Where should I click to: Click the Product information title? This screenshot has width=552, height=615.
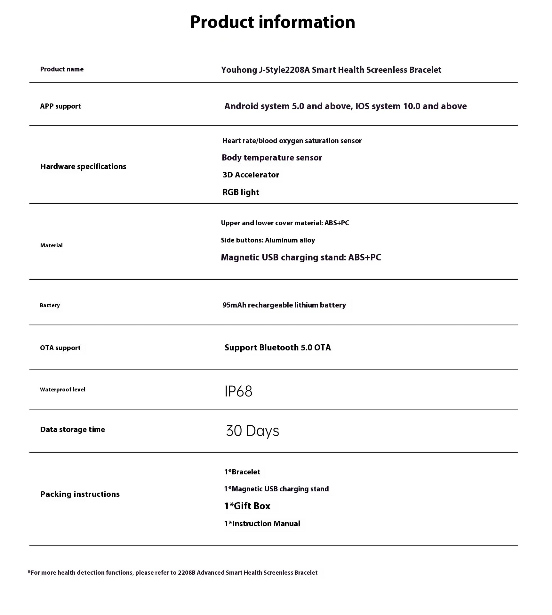point(272,22)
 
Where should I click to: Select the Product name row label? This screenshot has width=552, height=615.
point(62,69)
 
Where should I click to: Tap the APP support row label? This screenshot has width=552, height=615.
point(60,106)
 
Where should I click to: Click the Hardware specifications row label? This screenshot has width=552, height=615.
point(83,167)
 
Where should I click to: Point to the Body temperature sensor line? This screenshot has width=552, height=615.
point(272,158)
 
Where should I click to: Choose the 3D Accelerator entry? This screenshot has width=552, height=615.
point(251,175)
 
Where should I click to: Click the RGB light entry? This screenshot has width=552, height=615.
point(241,192)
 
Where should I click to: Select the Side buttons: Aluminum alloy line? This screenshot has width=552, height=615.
point(268,240)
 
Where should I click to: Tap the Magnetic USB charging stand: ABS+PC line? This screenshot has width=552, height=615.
point(301,258)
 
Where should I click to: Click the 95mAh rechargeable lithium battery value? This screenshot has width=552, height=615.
point(284,305)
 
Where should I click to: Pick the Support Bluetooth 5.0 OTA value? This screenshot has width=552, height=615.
point(277,348)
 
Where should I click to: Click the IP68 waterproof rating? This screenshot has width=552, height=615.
point(238,391)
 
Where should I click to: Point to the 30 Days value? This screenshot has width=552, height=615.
point(252,431)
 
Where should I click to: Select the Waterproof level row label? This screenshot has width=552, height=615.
point(63,389)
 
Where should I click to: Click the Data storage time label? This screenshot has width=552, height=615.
point(72,430)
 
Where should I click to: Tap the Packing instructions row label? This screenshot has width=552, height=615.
point(80,494)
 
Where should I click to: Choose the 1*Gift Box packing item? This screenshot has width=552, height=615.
point(247,506)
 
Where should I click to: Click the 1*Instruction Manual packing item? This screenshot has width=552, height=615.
point(262,524)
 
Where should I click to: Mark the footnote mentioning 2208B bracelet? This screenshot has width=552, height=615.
point(173,572)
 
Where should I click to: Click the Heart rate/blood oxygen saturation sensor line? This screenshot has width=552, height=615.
point(292,141)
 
